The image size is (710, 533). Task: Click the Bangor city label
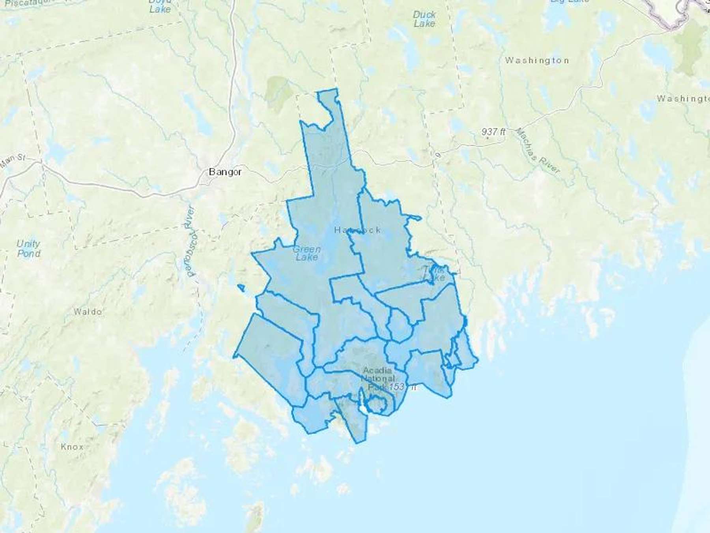click(225, 172)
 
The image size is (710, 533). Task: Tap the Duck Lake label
click(424, 19)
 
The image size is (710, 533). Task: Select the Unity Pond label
click(28, 248)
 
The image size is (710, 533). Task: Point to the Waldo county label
click(88, 312)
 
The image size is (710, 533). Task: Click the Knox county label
click(72, 447)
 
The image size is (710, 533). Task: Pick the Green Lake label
click(306, 253)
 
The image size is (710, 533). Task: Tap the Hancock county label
click(357, 230)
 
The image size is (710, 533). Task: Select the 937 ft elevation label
click(493, 132)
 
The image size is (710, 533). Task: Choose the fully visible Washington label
click(537, 60)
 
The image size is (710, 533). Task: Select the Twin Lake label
click(434, 274)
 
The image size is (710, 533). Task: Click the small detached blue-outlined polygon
click(241, 288)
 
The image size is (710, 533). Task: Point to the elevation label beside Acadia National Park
click(402, 387)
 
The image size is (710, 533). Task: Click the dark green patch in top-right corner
click(690, 47)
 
